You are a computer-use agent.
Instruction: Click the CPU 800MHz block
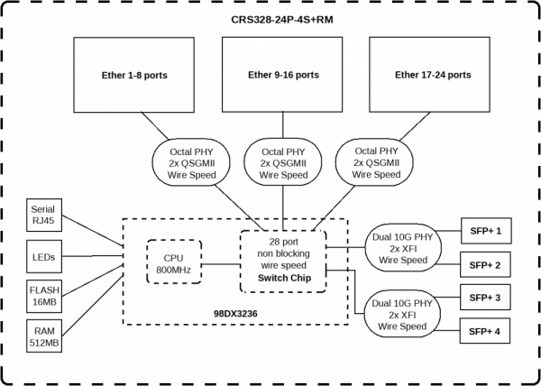[x=173, y=261]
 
